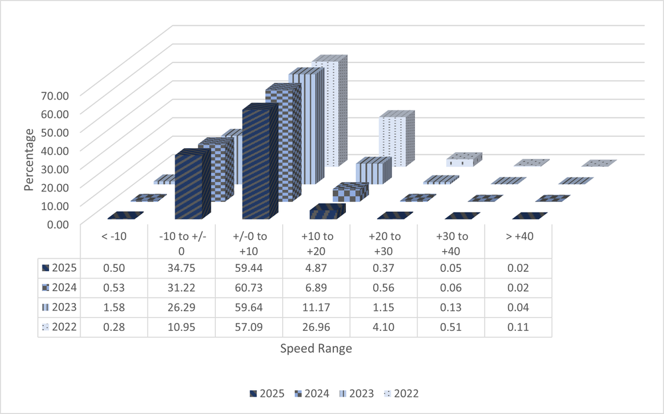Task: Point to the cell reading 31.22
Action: coord(181,288)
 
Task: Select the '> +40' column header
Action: coord(519,237)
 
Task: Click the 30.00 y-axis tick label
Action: coord(54,168)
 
